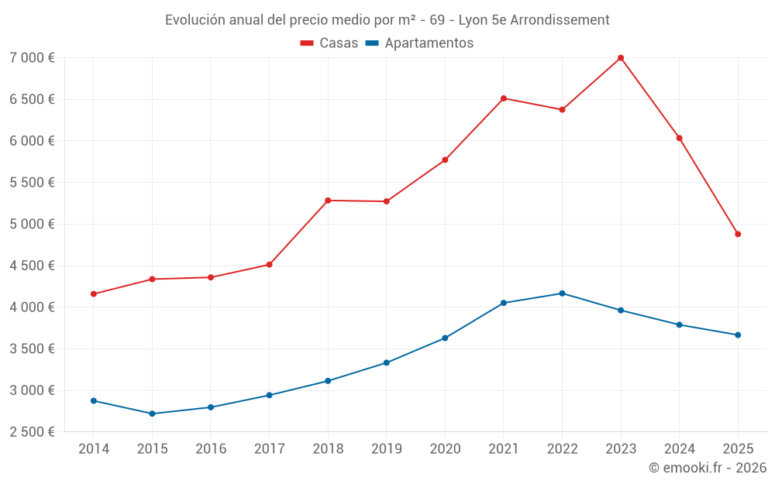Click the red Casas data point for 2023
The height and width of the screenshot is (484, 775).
coord(621,57)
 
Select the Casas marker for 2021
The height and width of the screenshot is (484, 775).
coord(504,98)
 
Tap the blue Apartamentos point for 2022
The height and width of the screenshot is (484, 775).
coord(562,293)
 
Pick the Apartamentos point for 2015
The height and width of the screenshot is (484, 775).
coord(152,414)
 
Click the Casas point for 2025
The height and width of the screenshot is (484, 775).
coord(738,234)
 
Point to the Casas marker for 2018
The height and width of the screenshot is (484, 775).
coord(328,201)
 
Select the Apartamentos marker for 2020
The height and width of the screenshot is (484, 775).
coord(445,338)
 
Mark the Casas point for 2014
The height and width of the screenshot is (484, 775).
coord(94,294)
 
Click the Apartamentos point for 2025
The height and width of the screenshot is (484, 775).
coord(738,335)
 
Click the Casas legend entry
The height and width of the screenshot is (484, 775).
coord(329,43)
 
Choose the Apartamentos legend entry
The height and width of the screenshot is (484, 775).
coord(418,43)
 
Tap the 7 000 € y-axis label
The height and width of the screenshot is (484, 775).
coord(32,58)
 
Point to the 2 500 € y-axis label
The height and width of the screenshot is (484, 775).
coord(32,432)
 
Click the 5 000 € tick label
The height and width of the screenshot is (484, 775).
coord(32,225)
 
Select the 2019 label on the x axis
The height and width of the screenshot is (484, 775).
coord(386,449)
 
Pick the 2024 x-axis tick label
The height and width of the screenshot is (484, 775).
coord(679,449)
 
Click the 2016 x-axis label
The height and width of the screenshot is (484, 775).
coord(211,449)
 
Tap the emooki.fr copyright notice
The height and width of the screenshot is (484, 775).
coord(707,468)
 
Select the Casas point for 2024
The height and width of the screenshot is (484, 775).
coord(679,138)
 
